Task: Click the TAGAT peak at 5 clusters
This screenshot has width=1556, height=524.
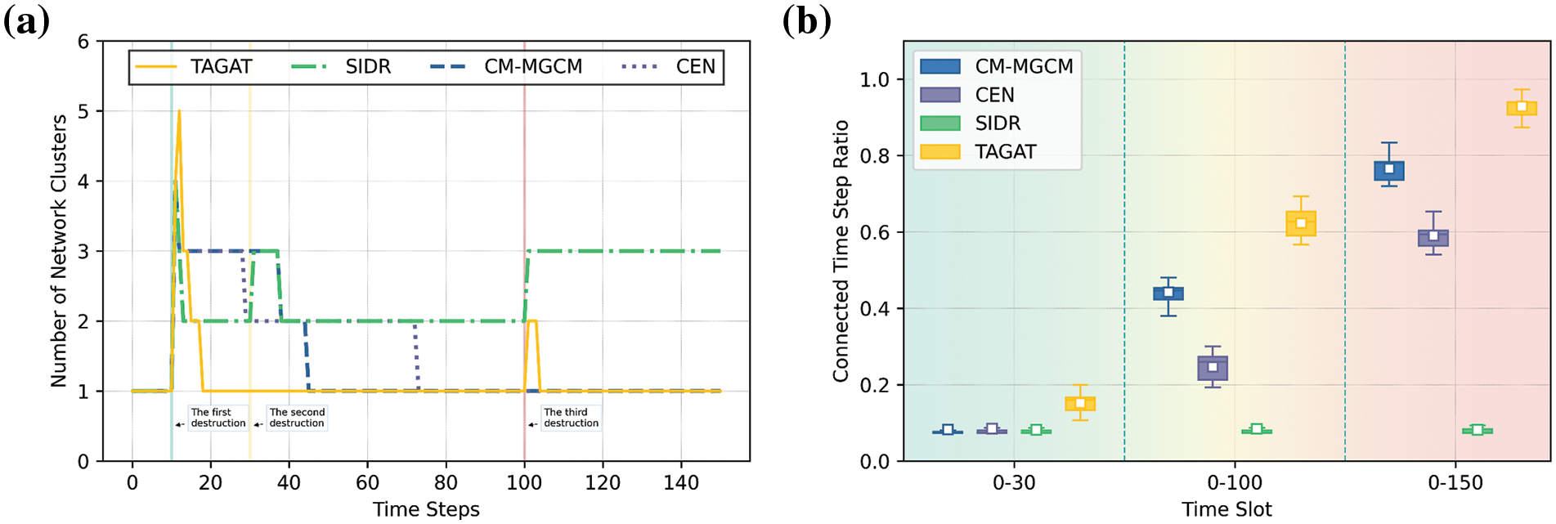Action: click(179, 112)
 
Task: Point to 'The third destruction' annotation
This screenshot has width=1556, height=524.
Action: click(571, 418)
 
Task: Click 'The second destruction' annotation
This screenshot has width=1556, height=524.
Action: click(297, 418)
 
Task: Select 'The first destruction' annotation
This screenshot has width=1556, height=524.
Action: click(217, 418)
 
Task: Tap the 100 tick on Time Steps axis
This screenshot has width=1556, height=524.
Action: click(524, 483)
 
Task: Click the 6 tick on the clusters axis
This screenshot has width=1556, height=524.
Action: click(83, 42)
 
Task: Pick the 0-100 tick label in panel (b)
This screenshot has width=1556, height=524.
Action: click(1235, 483)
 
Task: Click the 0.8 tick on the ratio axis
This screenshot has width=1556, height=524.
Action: click(875, 156)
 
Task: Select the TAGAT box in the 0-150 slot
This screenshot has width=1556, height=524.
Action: click(1522, 108)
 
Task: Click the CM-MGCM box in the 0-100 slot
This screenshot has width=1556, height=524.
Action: click(1168, 293)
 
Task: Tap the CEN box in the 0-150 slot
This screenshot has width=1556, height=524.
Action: click(1433, 237)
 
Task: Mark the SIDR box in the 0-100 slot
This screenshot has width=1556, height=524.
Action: click(1257, 430)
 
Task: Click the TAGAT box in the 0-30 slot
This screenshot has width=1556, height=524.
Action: click(1080, 403)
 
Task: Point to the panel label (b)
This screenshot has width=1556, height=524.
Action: click(806, 20)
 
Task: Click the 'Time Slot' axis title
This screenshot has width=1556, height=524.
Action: click(1226, 510)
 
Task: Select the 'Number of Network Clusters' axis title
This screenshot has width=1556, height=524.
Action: click(59, 250)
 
